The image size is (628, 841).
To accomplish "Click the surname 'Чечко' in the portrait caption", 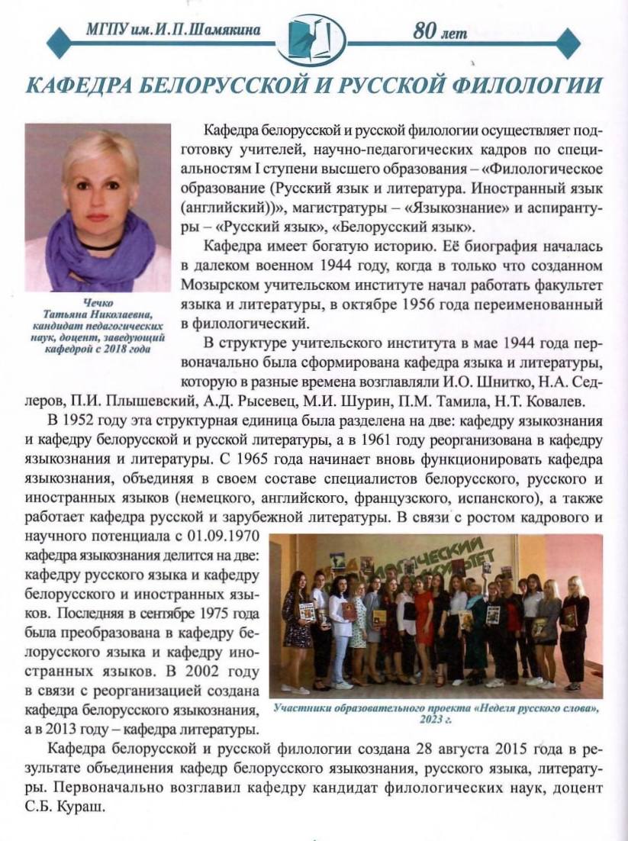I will [x=97, y=303].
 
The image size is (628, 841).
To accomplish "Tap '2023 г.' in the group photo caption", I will [x=436, y=720].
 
